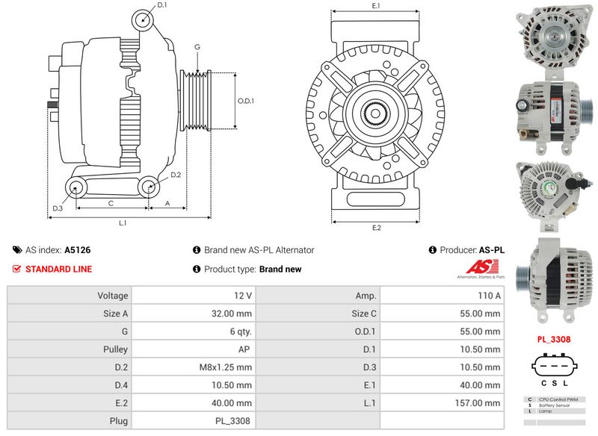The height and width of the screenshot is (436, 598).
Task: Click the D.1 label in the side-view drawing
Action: [162, 5]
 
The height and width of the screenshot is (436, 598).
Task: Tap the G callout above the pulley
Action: [197, 47]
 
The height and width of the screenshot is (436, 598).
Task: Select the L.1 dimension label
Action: [123, 222]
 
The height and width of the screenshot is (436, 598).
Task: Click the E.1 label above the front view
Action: [376, 6]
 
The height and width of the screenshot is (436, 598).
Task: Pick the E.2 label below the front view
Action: [376, 228]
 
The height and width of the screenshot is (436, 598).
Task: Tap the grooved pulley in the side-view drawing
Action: [197, 101]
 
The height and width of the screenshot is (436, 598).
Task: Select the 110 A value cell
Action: [487, 296]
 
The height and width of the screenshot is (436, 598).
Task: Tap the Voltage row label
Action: [112, 296]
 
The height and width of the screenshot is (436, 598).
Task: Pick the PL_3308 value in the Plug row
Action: [232, 421]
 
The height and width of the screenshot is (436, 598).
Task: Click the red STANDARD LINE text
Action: [59, 269]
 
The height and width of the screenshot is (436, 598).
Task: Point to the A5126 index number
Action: [78, 250]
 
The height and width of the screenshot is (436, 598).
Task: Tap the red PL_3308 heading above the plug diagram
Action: [554, 340]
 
